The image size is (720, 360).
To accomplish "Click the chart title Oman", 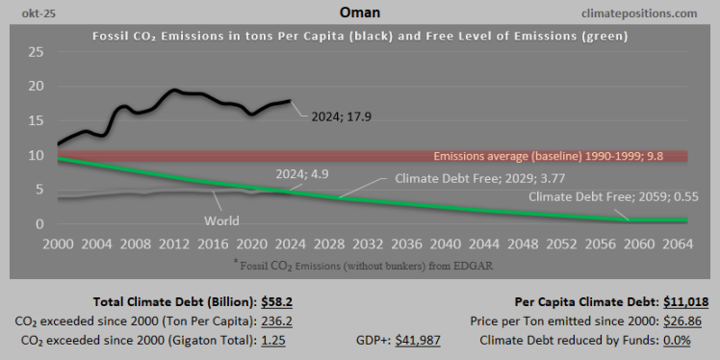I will [359, 12].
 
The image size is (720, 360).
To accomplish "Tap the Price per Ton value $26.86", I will [690, 321].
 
